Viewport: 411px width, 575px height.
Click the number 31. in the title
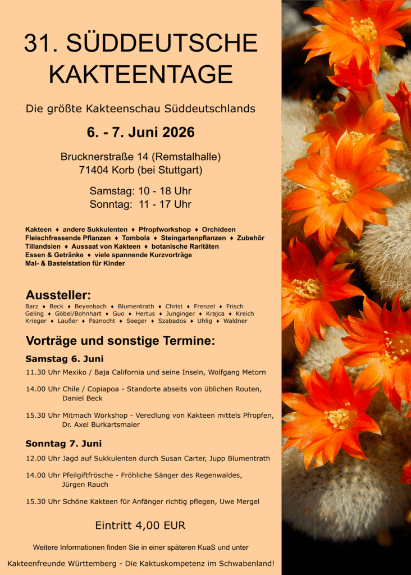coord(40,44)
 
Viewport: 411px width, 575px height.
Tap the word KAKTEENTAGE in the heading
coord(140,74)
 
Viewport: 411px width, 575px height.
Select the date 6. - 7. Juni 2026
coord(140,133)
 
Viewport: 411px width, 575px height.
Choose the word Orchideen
coord(219,230)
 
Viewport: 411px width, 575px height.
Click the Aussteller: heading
coord(58,295)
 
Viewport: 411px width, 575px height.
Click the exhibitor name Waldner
coord(235,321)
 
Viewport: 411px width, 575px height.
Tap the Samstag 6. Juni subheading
coord(65,359)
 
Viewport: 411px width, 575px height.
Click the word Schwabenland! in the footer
coord(248,563)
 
